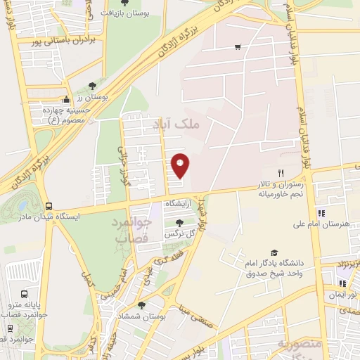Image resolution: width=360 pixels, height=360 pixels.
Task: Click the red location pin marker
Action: pos(181,165)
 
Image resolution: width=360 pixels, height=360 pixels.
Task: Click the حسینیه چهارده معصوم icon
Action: pos(66,99)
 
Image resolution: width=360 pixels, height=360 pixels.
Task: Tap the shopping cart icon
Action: pos(238,47)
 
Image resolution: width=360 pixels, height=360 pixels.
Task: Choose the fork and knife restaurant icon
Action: pos(281,173)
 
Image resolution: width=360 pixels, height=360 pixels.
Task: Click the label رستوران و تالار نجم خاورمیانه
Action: pos(280,186)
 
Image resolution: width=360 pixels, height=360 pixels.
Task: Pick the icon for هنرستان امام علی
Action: pos(321,213)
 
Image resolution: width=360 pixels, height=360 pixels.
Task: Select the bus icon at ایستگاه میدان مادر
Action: pos(49,206)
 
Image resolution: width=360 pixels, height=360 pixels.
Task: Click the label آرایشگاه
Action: pos(178,203)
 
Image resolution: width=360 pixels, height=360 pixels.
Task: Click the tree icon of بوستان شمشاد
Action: pos(142,305)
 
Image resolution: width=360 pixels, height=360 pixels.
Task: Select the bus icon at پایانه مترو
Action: pos(25,295)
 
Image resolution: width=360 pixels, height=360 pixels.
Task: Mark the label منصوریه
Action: pos(300,346)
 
